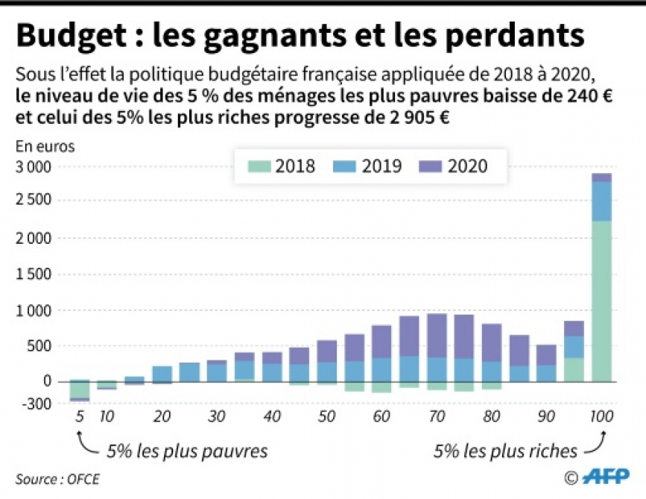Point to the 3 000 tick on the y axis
pyautogui.click(x=34, y=166)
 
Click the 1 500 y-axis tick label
pyautogui.click(x=34, y=274)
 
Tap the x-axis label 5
pyautogui.click(x=79, y=416)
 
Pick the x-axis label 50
pyautogui.click(x=326, y=416)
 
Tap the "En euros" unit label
pyautogui.click(x=45, y=146)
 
